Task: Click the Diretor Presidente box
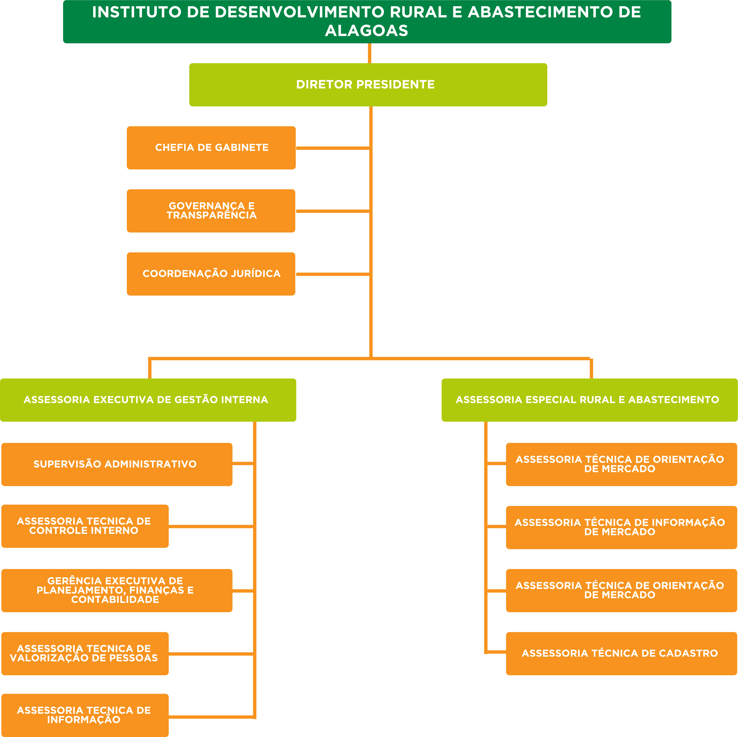[368, 85]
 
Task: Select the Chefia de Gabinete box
[211, 148]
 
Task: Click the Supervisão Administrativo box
[117, 464]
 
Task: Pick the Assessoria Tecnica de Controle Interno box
[85, 526]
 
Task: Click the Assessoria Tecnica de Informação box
[85, 715]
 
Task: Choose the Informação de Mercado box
[621, 527]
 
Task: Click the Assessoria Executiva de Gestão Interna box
[148, 400]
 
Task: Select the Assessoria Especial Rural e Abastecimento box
[589, 400]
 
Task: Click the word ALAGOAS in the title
[367, 31]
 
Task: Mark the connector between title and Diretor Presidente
[369, 53]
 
